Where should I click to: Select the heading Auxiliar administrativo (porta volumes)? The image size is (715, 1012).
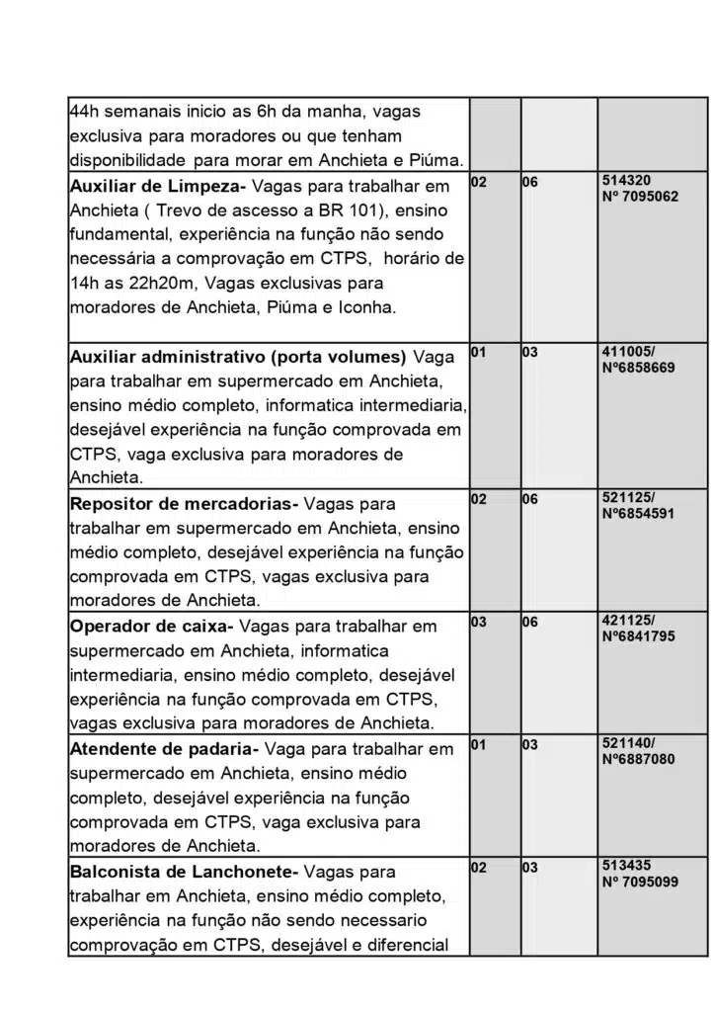point(238,356)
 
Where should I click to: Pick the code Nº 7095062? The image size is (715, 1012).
point(640,197)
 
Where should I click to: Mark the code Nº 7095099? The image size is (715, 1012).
point(640,882)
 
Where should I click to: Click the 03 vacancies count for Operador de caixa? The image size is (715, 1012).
point(478,622)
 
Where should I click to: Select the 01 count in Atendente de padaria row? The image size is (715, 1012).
point(478,744)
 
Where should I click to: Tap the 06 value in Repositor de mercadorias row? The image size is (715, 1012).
point(530,499)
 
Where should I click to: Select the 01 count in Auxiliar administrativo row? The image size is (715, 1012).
point(478,352)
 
